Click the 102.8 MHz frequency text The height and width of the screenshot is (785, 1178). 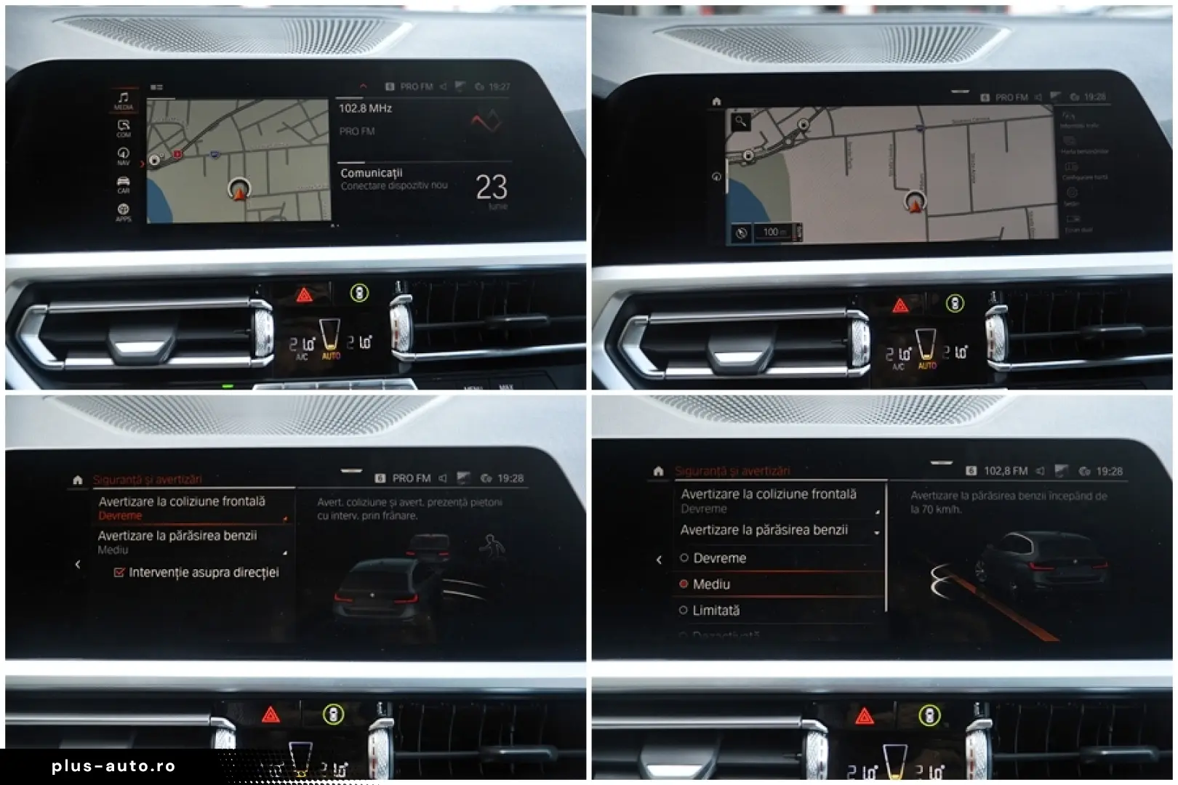click(365, 108)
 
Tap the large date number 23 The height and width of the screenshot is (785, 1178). click(492, 188)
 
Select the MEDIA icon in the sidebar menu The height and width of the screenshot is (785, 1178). click(123, 100)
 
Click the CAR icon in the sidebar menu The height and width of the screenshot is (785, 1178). click(123, 185)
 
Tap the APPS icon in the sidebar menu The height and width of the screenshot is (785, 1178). click(123, 212)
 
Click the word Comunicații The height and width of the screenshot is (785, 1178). click(371, 173)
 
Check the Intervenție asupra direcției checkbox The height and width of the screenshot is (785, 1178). click(119, 573)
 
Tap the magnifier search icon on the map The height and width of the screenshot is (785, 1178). click(740, 121)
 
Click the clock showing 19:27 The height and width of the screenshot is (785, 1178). click(499, 86)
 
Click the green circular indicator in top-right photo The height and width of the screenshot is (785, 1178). click(955, 304)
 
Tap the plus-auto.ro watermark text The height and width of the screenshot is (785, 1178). click(113, 766)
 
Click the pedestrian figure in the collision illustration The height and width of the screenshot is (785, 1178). click(492, 546)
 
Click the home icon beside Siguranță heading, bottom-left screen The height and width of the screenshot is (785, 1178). click(78, 480)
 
